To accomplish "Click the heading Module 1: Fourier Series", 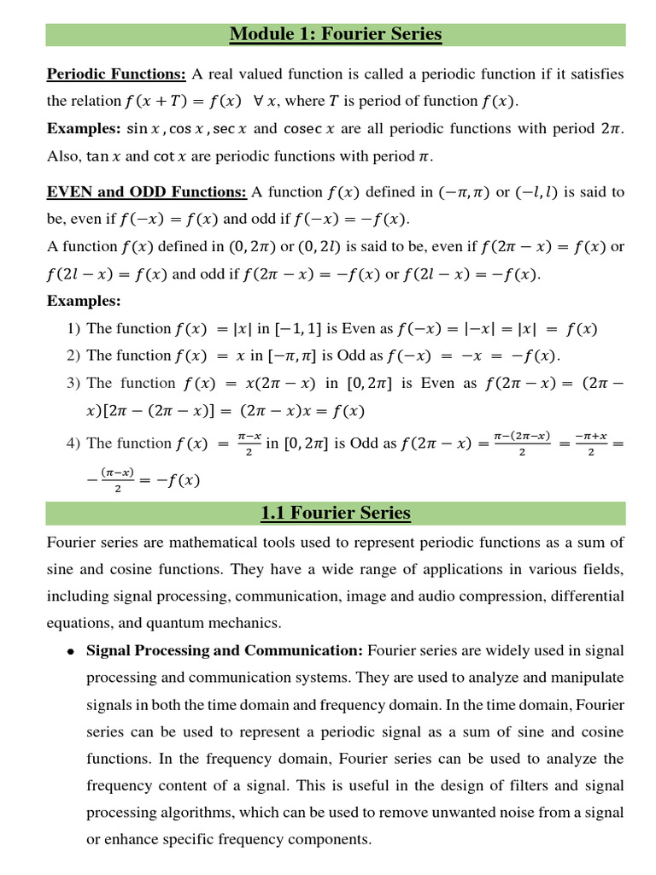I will click(336, 35).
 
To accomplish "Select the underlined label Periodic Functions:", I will click(116, 74).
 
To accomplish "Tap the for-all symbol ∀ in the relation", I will click(257, 101).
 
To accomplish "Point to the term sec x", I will click(231, 129).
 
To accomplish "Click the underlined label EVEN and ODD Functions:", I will click(147, 191).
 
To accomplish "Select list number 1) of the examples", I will click(73, 329).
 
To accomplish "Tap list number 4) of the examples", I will click(73, 443).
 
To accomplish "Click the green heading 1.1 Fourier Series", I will click(336, 514).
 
